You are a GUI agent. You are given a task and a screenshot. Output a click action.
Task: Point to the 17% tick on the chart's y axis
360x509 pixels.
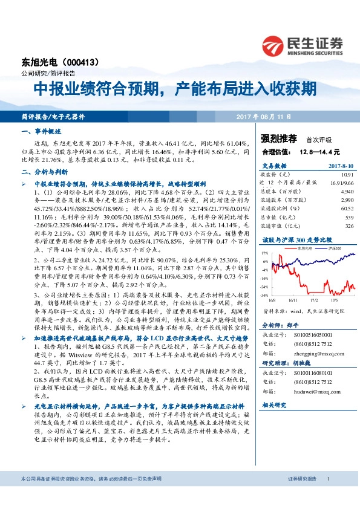[x=265, y=253]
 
